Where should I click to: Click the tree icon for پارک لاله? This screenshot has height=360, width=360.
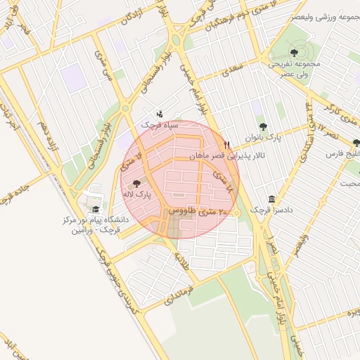pyautogui.click(x=146, y=182)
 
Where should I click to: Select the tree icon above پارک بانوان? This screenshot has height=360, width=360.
pyautogui.click(x=263, y=127)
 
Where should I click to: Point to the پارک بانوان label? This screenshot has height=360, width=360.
pyautogui.click(x=263, y=138)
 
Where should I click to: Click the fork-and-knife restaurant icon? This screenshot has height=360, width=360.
pyautogui.click(x=226, y=145)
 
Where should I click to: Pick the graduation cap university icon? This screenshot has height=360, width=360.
pyautogui.click(x=94, y=210)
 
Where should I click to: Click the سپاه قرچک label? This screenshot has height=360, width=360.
pyautogui.click(x=160, y=124)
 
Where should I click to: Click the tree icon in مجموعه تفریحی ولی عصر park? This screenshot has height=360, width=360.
pyautogui.click(x=293, y=51)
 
